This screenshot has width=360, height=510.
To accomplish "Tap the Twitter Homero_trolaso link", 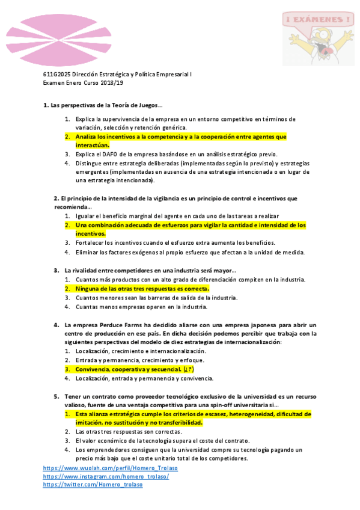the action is pos(93,485).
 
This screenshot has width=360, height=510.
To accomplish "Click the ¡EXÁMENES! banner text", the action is pos(316,20).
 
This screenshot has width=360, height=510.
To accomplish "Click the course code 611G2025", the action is pos(56,75).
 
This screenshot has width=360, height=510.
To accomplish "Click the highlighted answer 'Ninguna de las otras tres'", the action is pos(142,289).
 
